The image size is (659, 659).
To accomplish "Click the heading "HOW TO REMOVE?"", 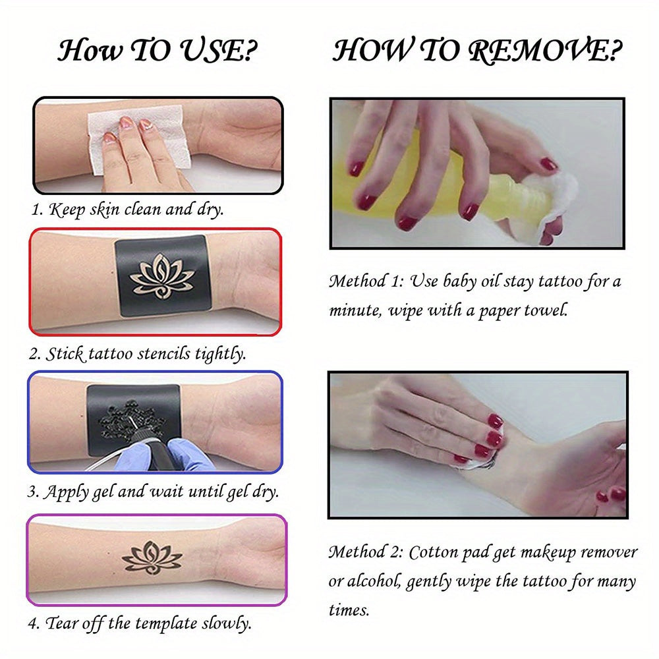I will tap(478, 51).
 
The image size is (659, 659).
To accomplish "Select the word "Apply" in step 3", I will tap(68, 492).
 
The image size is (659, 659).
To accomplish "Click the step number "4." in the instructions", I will tap(35, 623).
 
